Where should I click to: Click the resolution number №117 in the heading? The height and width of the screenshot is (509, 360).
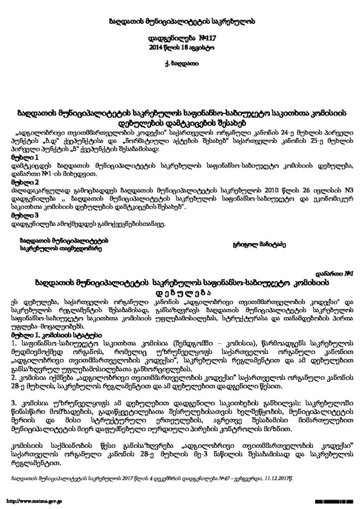pyautogui.click(x=197, y=38)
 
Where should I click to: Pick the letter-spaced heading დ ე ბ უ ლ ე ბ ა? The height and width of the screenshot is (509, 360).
pyautogui.click(x=180, y=291)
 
